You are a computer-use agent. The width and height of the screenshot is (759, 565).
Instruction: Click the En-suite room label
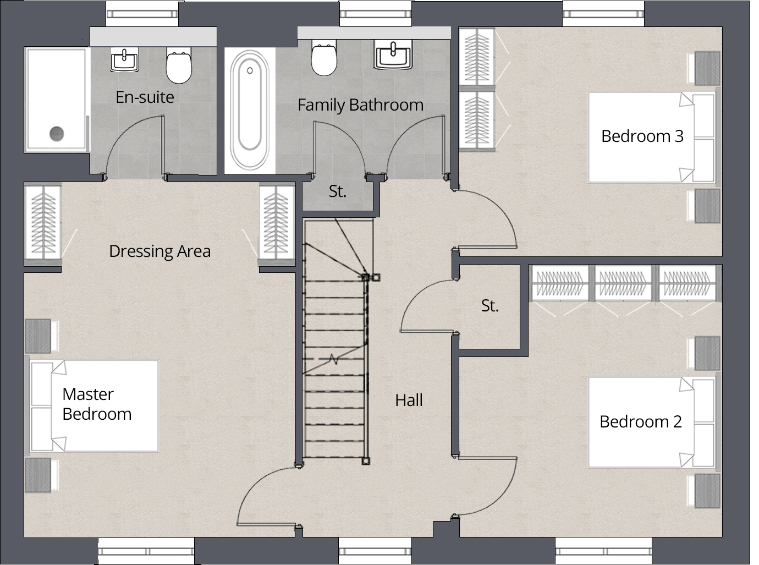[x=145, y=97]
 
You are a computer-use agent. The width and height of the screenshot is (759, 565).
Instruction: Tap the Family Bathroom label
[x=360, y=105]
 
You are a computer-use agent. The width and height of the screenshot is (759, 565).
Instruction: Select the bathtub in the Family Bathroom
[x=250, y=110]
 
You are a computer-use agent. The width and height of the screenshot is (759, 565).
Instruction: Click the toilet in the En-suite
[x=179, y=67]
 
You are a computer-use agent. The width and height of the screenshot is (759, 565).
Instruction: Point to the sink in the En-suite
[x=124, y=59]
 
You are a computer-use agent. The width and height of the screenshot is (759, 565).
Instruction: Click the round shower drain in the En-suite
[x=57, y=133]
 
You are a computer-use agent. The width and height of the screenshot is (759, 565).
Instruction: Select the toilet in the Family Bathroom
[x=324, y=59]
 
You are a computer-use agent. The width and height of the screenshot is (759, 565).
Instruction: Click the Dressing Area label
[x=159, y=251]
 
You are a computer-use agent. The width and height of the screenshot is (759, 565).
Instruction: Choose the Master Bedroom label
[x=97, y=404]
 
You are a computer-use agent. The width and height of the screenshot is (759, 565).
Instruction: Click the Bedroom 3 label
[x=642, y=136]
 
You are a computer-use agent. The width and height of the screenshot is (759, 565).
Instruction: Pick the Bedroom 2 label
[x=640, y=421]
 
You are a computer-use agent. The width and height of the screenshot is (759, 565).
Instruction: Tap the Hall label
[x=409, y=400]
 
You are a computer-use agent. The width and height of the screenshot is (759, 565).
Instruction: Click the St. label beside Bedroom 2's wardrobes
[x=490, y=306]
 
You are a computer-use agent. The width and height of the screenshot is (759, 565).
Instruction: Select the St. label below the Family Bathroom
[x=337, y=191]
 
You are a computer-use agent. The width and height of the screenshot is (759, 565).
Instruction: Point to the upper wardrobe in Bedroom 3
[x=477, y=57]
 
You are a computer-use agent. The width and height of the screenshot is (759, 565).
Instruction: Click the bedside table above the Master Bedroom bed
[x=38, y=336]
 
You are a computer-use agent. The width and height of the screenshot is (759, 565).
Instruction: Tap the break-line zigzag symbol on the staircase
[x=333, y=360]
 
